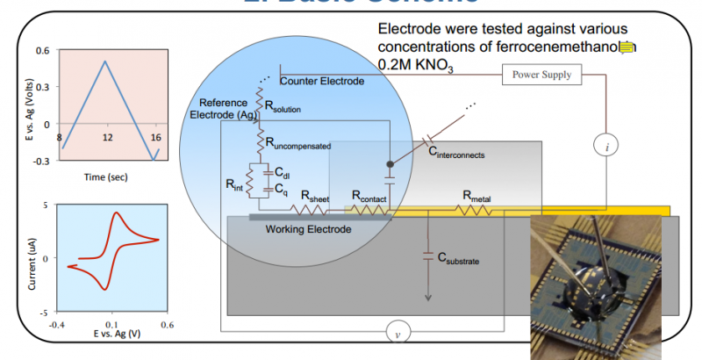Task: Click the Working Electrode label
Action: pyautogui.click(x=308, y=229)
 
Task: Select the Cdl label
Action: pyautogui.click(x=283, y=173)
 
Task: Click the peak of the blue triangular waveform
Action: pyautogui.click(x=105, y=61)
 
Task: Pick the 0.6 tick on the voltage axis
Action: pyautogui.click(x=43, y=50)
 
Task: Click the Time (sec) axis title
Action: pyautogui.click(x=107, y=176)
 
